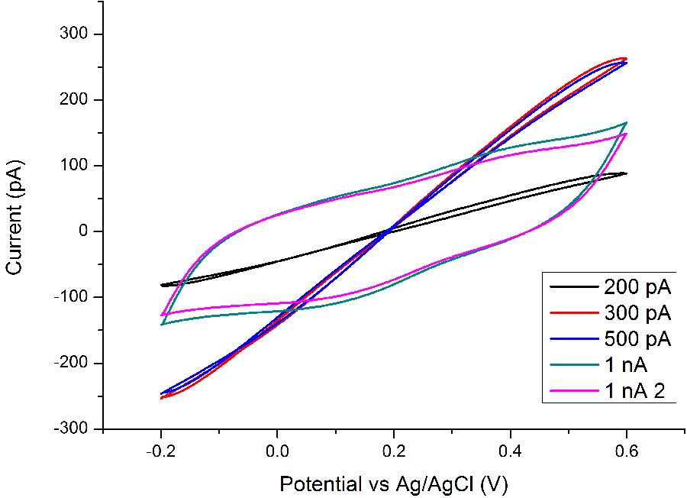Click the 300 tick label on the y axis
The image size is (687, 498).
coord(77,34)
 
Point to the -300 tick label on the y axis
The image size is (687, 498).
coord(74,428)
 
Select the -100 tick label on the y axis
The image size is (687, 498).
coord(74,297)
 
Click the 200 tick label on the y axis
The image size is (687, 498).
coord(77,100)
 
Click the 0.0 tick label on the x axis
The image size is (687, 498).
coord(277,450)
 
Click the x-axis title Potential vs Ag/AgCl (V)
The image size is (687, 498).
coord(393,483)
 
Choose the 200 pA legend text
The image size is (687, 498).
coord(637,287)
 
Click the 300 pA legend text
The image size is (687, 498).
coord(637,313)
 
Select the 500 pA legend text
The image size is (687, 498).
coord(637,339)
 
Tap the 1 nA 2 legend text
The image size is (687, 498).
coord(634,391)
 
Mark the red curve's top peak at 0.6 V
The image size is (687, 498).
coord(624,58)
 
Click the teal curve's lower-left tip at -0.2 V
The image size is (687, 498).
coord(161,325)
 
